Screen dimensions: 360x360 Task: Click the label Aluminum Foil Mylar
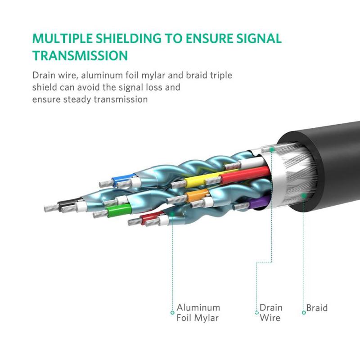pos(198,313)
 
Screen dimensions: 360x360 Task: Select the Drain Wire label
pos(271,313)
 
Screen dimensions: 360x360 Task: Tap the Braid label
pos(317,308)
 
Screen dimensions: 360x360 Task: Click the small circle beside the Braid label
pos(304,312)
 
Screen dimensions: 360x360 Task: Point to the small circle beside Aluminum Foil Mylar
pos(172,312)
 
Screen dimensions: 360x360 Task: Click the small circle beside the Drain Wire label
pos(256,312)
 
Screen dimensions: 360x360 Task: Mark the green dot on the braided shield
pos(304,195)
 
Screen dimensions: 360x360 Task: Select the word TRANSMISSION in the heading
pos(80,56)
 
